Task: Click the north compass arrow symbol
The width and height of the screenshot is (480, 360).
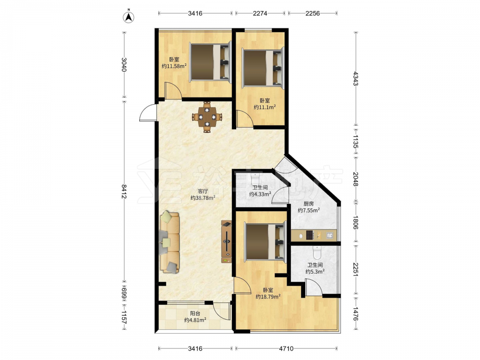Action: pyautogui.click(x=129, y=17)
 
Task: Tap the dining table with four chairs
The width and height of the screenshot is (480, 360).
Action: pyautogui.click(x=207, y=117)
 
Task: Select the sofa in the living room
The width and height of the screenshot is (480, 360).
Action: pyautogui.click(x=169, y=242)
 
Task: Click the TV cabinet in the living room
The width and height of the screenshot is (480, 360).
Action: pyautogui.click(x=226, y=241)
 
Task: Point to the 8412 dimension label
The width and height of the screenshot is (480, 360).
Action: pyautogui.click(x=124, y=192)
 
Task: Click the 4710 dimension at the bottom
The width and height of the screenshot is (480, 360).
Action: pyautogui.click(x=286, y=348)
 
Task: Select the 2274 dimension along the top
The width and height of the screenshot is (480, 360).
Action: pyautogui.click(x=260, y=13)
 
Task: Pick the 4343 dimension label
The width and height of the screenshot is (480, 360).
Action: pyautogui.click(x=355, y=79)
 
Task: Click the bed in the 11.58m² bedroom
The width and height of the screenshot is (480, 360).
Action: pyautogui.click(x=210, y=62)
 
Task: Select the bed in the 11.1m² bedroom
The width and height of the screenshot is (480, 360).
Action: pyautogui.click(x=263, y=68)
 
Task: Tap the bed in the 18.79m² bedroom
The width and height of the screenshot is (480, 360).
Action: pyautogui.click(x=265, y=242)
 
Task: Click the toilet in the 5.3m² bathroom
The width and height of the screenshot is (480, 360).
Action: pyautogui.click(x=317, y=252)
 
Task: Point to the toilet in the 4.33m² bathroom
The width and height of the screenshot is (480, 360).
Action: pyautogui.click(x=255, y=179)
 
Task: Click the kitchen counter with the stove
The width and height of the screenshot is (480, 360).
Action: pyautogui.click(x=314, y=235)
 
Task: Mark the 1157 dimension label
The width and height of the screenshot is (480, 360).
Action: pyautogui.click(x=124, y=318)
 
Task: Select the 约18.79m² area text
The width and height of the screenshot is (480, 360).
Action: pyautogui.click(x=268, y=296)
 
